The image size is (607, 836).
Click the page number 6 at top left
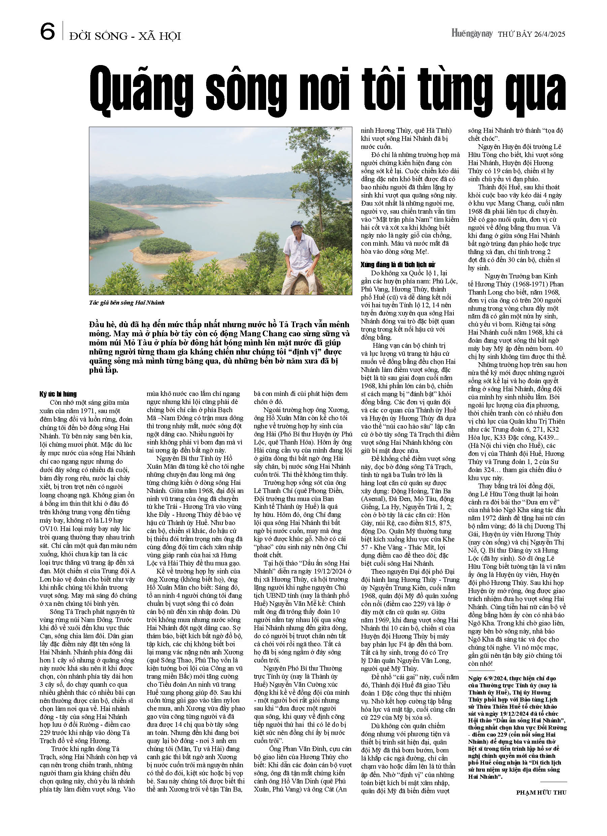tap(47, 32)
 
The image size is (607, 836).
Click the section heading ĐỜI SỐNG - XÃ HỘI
tap(125, 36)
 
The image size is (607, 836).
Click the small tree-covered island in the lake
tap(161, 245)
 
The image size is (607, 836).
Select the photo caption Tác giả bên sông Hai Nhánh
tap(126, 303)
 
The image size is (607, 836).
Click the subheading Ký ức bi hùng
tap(58, 394)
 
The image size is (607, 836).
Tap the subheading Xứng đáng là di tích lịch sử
tap(398, 265)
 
